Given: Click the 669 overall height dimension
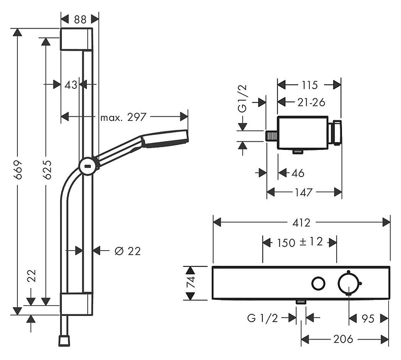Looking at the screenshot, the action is pyautogui.click(x=18, y=170).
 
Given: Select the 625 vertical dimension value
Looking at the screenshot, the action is pyautogui.click(x=47, y=169).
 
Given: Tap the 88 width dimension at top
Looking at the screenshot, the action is pyautogui.click(x=80, y=20).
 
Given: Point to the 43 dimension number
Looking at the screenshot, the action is pyautogui.click(x=71, y=85).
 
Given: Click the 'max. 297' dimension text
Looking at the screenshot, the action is pyautogui.click(x=123, y=117).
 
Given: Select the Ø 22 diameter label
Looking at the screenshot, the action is pyautogui.click(x=128, y=251).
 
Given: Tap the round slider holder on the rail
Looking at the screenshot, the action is pyautogui.click(x=88, y=166).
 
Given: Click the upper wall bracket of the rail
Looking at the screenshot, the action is pyautogui.click(x=76, y=39).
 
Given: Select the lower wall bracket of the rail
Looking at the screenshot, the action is pyautogui.click(x=76, y=304).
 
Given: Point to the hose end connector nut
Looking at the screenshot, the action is pyautogui.click(x=64, y=340).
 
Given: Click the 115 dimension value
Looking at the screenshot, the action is pyautogui.click(x=310, y=85).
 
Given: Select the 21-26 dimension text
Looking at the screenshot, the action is pyautogui.click(x=311, y=103).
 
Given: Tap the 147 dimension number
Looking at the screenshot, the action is pyautogui.click(x=304, y=192).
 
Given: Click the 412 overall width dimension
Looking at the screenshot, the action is pyautogui.click(x=301, y=222).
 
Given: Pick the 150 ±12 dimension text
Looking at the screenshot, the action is pyautogui.click(x=300, y=242).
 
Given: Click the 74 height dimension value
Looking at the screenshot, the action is pyautogui.click(x=191, y=282).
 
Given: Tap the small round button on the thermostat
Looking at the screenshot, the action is pyautogui.click(x=319, y=284).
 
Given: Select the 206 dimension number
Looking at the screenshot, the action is pyautogui.click(x=343, y=339).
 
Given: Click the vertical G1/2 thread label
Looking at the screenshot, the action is pyautogui.click(x=242, y=99).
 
